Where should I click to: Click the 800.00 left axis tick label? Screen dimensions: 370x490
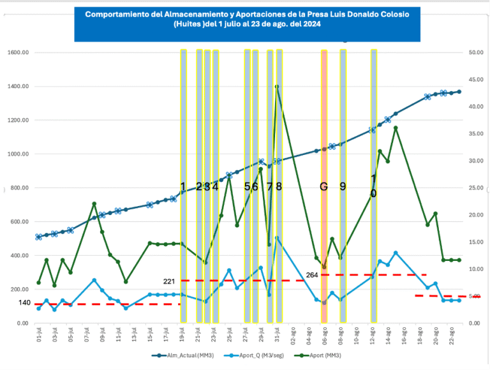(x=19, y=188)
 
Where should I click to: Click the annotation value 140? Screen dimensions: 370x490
(x=24, y=302)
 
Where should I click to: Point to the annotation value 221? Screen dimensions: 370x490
(x=169, y=281)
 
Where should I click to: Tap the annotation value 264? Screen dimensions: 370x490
(x=311, y=275)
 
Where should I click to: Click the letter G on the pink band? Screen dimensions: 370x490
(x=324, y=186)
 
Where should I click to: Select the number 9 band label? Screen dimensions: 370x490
(x=343, y=186)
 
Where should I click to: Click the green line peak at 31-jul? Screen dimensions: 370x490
(x=277, y=86)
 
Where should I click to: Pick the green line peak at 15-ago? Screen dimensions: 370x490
(x=396, y=128)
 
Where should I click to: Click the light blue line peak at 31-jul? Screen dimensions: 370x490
(x=277, y=238)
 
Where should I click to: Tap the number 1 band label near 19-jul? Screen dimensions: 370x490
(x=183, y=186)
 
